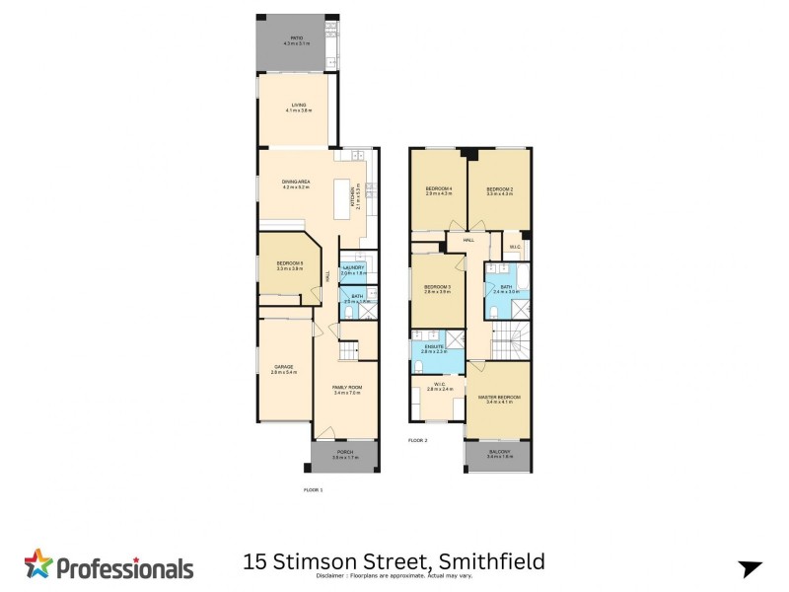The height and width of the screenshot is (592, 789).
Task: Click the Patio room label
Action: click(297, 38)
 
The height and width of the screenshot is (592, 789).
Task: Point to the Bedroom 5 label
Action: click(289, 263)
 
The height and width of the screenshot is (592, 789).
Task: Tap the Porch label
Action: click(344, 452)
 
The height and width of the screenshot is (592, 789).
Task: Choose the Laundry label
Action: click(353, 268)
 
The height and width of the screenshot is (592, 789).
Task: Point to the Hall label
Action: click(468, 239)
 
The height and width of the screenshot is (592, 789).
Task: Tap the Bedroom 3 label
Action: click(437, 287)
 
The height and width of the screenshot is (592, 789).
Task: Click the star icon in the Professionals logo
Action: click(38, 564)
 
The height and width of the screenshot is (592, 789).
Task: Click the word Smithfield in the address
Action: click(492, 562)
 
